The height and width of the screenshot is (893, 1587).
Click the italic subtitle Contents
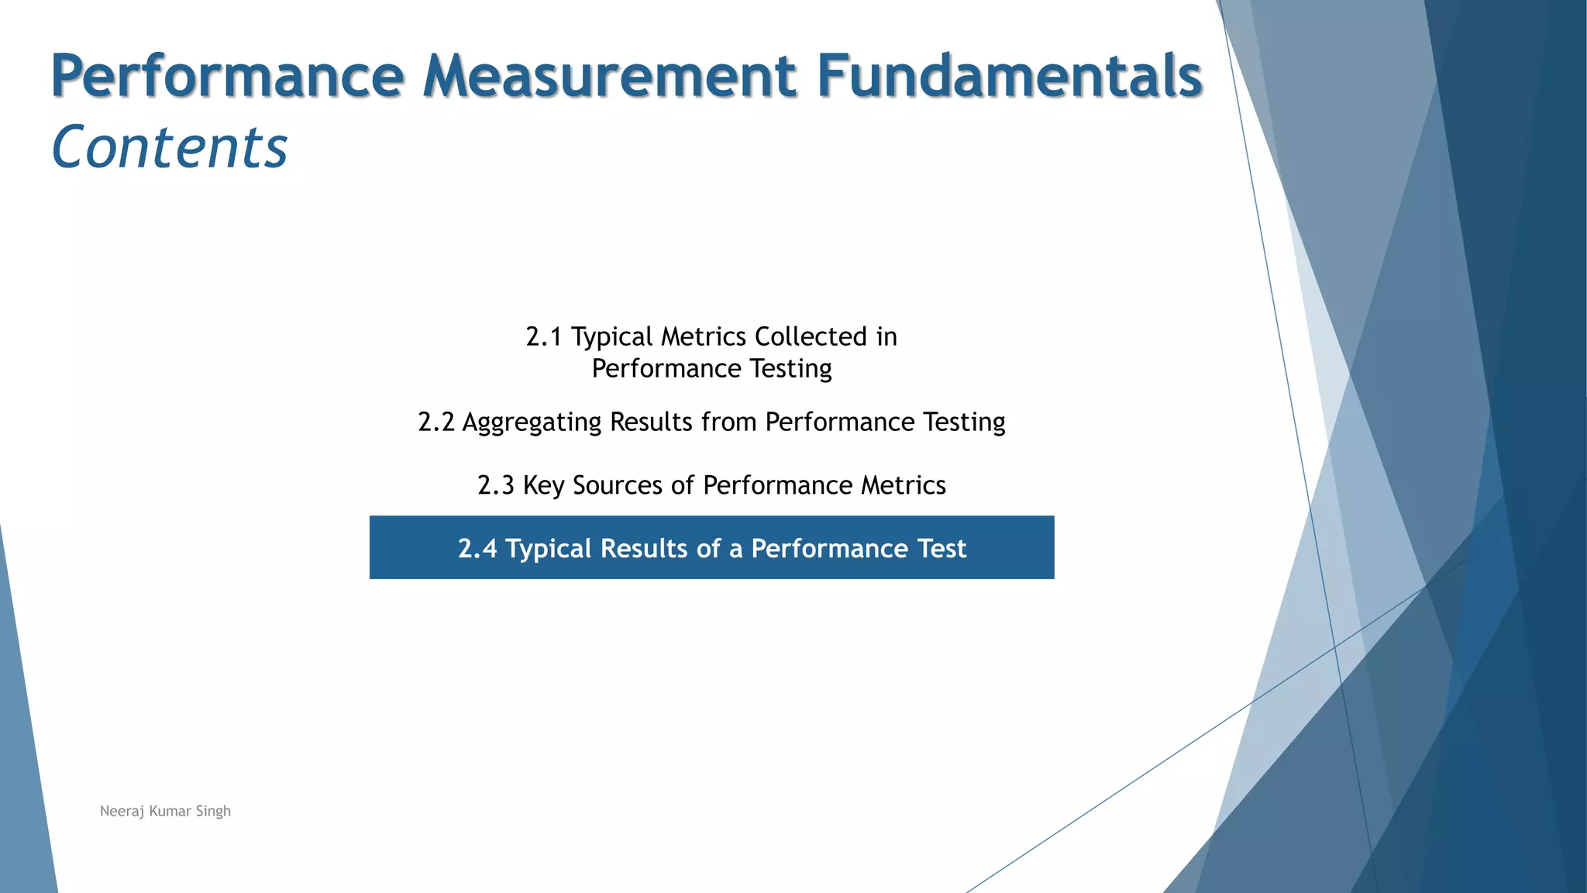[x=170, y=147]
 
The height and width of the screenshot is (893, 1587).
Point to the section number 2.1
[x=543, y=337]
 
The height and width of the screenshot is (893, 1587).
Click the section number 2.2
[x=435, y=422]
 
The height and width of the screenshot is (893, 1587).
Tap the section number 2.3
[x=495, y=486]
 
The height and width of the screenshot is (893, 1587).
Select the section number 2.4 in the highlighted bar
[x=477, y=549]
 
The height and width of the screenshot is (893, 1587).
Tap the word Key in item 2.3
[x=543, y=486]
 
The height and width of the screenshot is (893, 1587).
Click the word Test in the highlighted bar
[x=942, y=549]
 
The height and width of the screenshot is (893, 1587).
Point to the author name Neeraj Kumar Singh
[x=165, y=812]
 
